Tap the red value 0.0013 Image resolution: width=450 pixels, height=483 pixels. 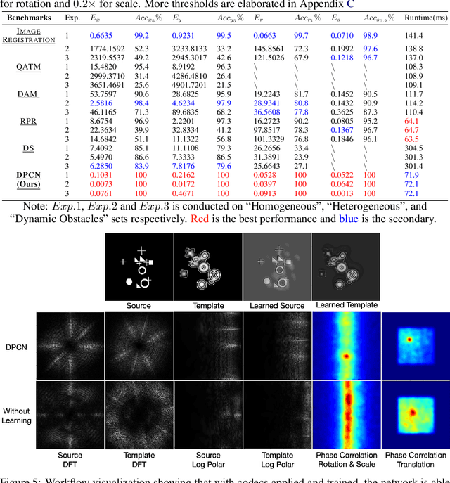(342, 193)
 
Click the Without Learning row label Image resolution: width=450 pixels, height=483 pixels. (17, 416)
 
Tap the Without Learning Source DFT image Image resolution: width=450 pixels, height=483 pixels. (70, 416)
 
